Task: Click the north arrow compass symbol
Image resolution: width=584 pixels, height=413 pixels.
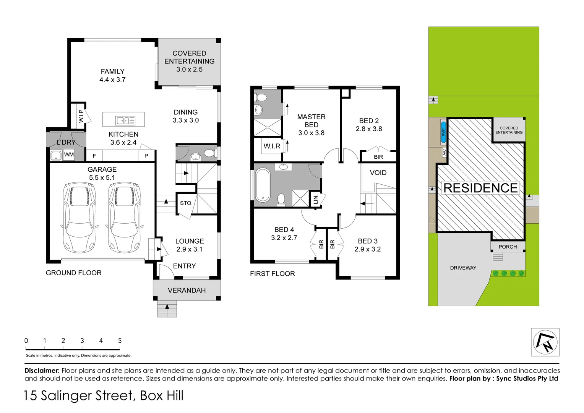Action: [x=545, y=342]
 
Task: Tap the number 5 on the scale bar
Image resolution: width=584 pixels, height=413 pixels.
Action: [x=120, y=340]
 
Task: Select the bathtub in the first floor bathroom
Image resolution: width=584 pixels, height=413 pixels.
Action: [x=263, y=185]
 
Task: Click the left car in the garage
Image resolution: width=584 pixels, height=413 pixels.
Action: [x=79, y=217]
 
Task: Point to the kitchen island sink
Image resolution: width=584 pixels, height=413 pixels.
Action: [x=125, y=120]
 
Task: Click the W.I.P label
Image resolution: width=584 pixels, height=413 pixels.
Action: [x=81, y=116]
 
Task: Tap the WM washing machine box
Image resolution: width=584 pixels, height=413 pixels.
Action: [x=69, y=155]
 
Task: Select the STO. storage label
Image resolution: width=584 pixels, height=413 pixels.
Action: [x=186, y=203]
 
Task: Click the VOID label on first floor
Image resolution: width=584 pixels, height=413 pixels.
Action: [x=378, y=173]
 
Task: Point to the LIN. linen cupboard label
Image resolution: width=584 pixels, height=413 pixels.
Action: [x=316, y=199]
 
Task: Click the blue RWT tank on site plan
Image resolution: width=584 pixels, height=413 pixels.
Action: [x=443, y=132]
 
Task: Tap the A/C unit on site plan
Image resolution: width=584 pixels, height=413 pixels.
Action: [x=444, y=152]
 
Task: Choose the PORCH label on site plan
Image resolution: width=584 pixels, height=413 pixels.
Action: [x=508, y=247]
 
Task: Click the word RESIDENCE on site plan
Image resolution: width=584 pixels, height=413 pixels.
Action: [x=480, y=188]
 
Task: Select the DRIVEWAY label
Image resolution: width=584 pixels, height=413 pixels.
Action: [x=463, y=268]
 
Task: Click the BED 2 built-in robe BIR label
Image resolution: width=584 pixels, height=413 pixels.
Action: [x=378, y=157]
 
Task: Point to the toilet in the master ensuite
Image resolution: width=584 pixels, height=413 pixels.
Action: [x=261, y=97]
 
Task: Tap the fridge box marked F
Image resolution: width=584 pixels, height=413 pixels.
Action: [x=94, y=156]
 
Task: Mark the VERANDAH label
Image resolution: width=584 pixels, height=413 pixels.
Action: [x=187, y=290]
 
